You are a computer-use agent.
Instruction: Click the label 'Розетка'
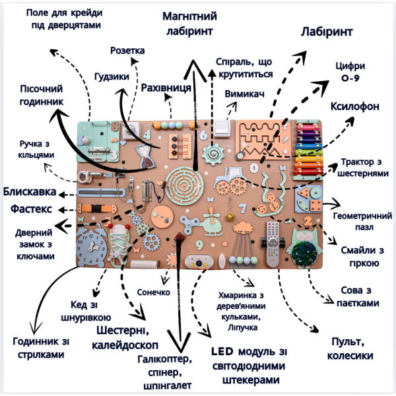click(127, 51)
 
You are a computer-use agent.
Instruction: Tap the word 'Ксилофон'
click(355, 106)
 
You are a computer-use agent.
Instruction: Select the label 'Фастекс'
click(31, 209)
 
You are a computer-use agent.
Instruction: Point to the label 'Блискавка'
click(30, 191)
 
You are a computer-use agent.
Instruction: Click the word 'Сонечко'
click(154, 292)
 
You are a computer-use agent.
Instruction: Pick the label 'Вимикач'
click(244, 94)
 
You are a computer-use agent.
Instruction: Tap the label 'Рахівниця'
click(166, 88)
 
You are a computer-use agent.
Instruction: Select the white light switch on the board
click(222, 129)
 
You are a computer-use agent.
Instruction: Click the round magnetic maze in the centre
click(185, 185)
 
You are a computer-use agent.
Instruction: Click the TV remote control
click(273, 244)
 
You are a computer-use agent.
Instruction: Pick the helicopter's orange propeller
click(212, 216)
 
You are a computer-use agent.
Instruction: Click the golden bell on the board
click(230, 216)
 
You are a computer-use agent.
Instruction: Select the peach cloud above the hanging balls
click(243, 227)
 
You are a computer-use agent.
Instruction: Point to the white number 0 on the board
click(254, 168)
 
